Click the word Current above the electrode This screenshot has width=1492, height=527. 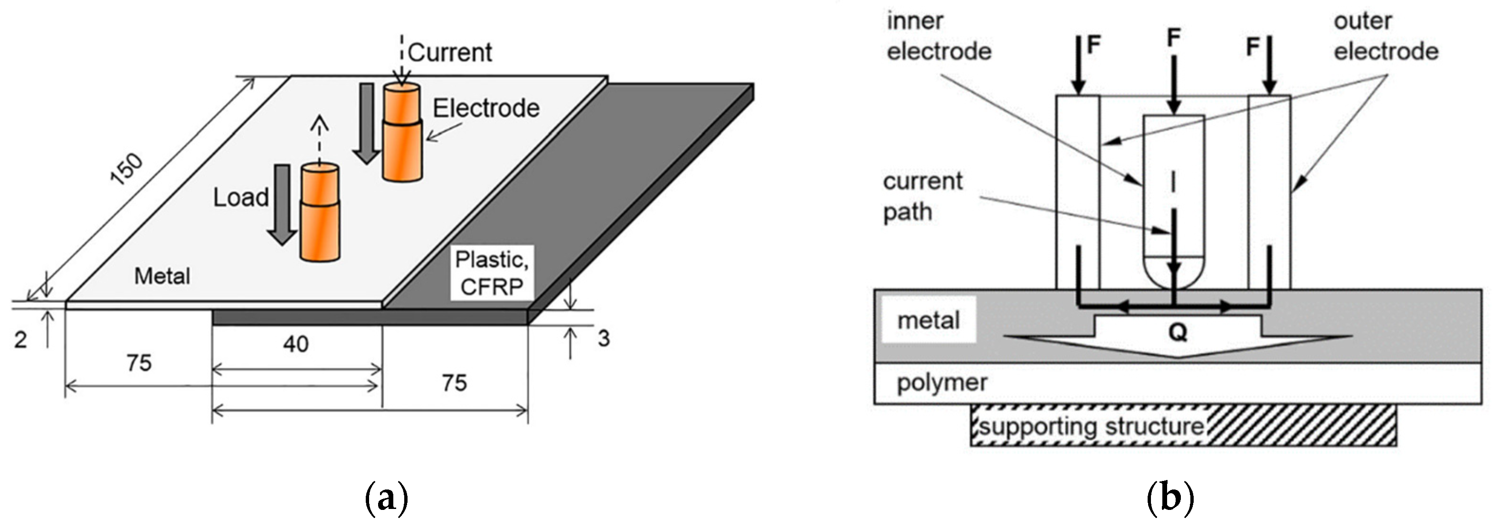pyautogui.click(x=450, y=53)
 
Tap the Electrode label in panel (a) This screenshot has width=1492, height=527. pyautogui.click(x=486, y=108)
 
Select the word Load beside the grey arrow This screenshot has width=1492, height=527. pyautogui.click(x=241, y=198)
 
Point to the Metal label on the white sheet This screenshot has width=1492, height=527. pyautogui.click(x=162, y=276)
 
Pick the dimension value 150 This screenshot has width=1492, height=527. pyautogui.click(x=126, y=169)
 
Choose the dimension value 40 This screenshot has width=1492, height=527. pyautogui.click(x=295, y=345)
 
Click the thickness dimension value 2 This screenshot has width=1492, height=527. pyautogui.click(x=21, y=340)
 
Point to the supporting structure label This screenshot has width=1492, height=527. pyautogui.click(x=1091, y=426)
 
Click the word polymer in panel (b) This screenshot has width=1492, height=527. pyautogui.click(x=942, y=383)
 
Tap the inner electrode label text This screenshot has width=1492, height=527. pyautogui.click(x=939, y=37)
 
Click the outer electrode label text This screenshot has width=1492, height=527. pyautogui.click(x=1386, y=37)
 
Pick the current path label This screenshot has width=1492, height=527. pyautogui.click(x=922, y=197)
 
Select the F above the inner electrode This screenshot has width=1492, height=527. pyautogui.click(x=1173, y=38)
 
